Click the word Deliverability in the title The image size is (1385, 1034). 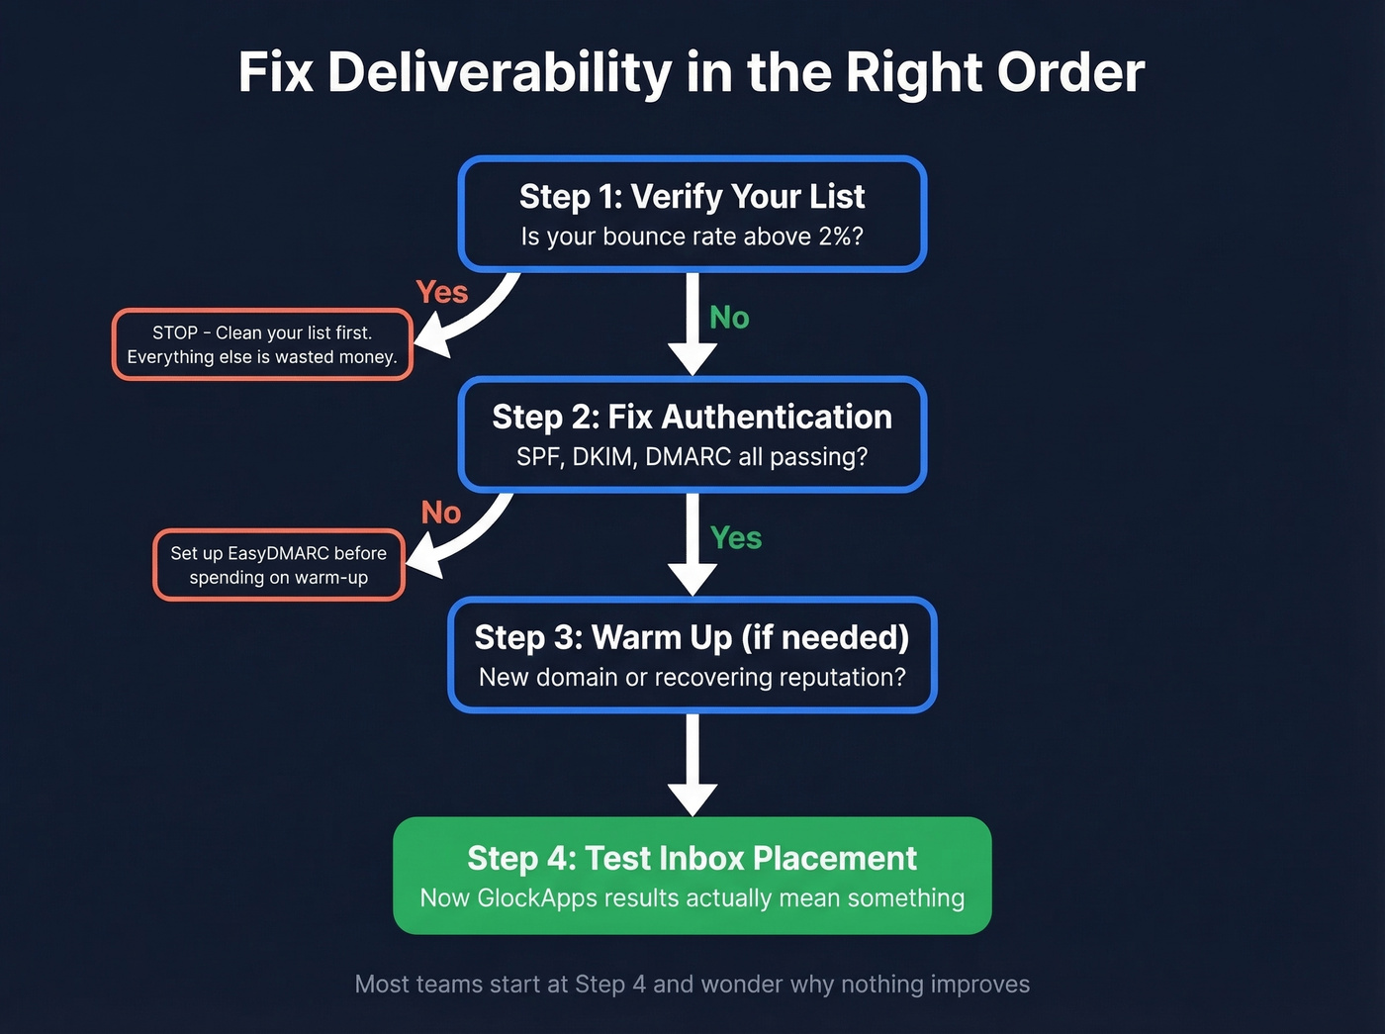tap(500, 73)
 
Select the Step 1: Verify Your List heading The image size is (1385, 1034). tap(692, 197)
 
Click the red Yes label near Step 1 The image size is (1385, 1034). tap(441, 292)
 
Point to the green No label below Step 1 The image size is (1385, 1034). tap(729, 318)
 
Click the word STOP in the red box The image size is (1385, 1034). tap(174, 333)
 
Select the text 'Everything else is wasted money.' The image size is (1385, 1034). tap(262, 357)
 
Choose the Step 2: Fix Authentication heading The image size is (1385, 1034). tap(692, 417)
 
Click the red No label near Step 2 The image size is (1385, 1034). tap(440, 513)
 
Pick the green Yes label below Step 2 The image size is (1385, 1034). tap(735, 538)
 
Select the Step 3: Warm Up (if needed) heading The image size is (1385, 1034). tap(692, 637)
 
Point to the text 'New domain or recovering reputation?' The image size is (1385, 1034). tap(692, 678)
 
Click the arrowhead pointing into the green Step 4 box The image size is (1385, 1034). tap(692, 798)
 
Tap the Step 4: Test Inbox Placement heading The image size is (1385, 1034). tap(692, 858)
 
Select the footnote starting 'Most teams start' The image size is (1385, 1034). tap(692, 985)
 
